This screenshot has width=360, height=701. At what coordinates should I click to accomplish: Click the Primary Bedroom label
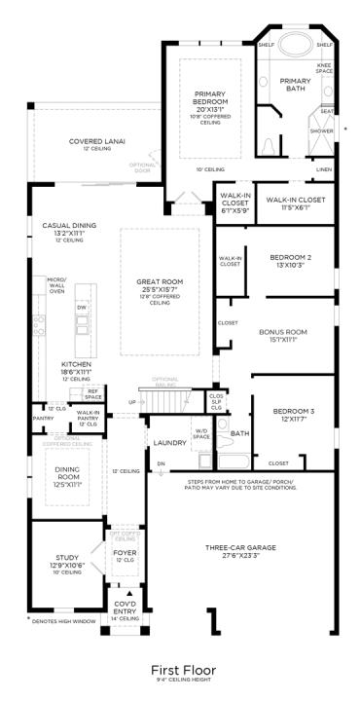coord(209,97)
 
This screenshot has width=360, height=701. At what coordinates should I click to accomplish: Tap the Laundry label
coord(162,443)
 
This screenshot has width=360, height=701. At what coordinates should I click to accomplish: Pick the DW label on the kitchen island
coord(82,306)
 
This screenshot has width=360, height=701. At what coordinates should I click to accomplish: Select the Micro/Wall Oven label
coord(56,284)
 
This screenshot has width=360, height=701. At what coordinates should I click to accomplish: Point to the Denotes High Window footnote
coord(68,619)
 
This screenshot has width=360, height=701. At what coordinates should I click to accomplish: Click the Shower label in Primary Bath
coord(321,130)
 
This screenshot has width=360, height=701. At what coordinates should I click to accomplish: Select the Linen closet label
coord(323,168)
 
